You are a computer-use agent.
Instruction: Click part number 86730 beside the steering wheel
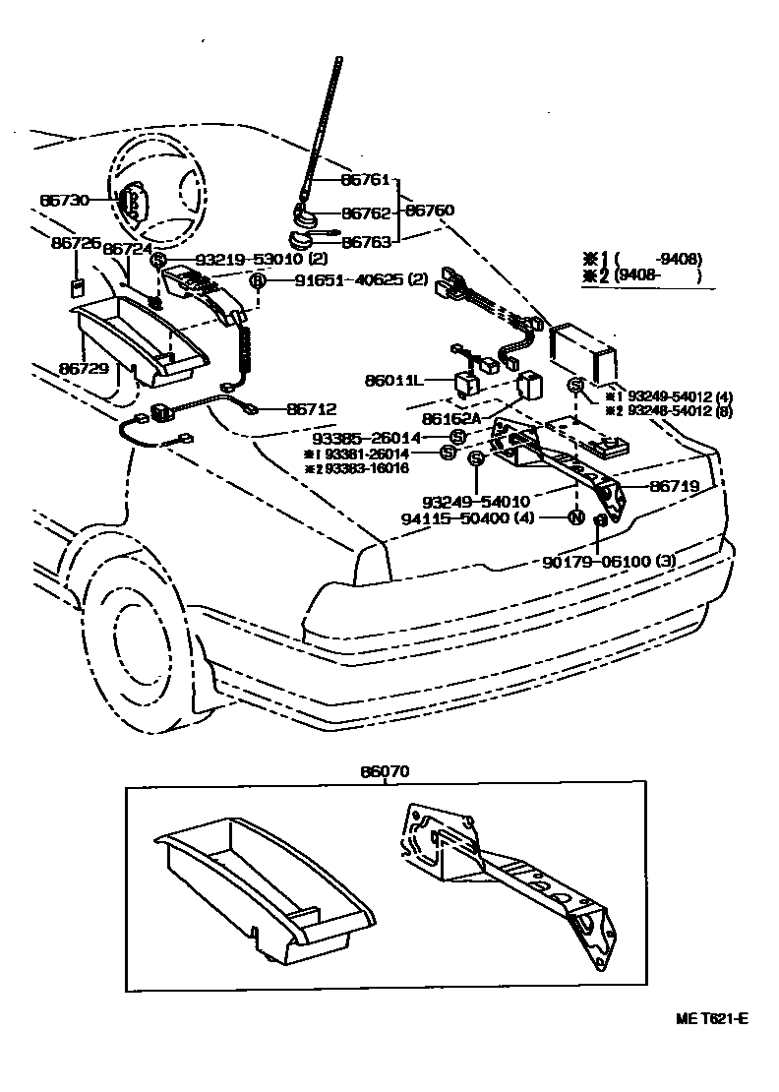click(65, 200)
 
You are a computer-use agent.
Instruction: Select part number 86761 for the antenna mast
click(366, 181)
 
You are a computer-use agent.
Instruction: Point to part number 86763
click(366, 241)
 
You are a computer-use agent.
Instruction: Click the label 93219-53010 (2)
click(261, 260)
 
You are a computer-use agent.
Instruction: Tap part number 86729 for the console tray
click(84, 368)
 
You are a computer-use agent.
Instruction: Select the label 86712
click(311, 408)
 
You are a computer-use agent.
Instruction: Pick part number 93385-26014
click(382, 437)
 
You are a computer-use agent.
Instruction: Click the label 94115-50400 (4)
click(481, 517)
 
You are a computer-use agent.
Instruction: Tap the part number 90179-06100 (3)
click(609, 562)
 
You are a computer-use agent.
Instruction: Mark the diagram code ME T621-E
click(711, 1019)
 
